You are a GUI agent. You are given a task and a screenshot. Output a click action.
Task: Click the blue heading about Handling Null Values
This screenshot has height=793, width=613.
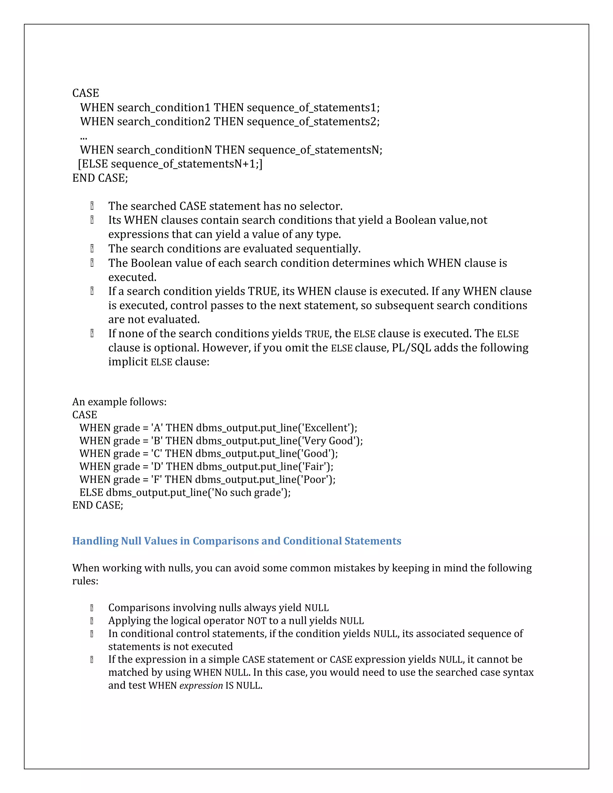236,541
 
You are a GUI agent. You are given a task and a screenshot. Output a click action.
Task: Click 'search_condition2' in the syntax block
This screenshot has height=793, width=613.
163,121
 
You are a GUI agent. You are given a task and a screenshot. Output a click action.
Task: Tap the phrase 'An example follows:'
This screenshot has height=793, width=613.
119,402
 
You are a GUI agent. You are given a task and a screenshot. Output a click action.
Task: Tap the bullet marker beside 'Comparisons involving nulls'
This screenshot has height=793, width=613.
92,608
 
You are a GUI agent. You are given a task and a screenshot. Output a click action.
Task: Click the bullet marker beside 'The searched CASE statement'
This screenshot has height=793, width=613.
92,206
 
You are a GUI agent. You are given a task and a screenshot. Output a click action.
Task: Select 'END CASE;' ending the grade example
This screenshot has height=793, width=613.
98,505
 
